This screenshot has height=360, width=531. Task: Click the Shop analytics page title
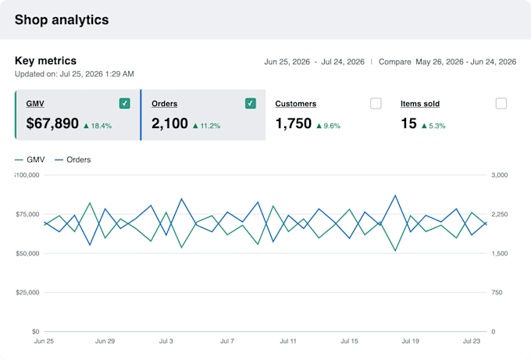point(62,20)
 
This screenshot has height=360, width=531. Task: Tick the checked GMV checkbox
point(125,103)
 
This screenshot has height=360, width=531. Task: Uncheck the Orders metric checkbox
point(250,103)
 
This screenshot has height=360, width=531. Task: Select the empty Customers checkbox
point(376,103)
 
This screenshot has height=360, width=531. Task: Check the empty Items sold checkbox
point(501,103)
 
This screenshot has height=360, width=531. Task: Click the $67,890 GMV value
point(52,123)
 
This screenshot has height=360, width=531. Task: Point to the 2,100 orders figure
point(169,123)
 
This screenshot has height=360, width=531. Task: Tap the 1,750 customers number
point(294,123)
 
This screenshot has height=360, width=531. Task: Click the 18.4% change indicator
point(98,126)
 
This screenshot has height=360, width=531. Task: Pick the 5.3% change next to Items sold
point(433,126)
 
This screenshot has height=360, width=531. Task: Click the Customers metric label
point(296,104)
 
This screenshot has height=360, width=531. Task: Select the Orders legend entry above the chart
point(73,159)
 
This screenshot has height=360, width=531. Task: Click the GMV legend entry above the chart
point(30,159)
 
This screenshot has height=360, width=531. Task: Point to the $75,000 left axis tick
point(27,215)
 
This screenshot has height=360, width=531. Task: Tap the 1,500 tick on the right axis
point(500,253)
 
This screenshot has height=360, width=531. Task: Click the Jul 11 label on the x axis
point(288,341)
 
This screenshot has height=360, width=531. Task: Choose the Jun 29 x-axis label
point(105,341)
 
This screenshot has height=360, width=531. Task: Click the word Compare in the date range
point(395,62)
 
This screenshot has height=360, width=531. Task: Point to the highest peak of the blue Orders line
point(395,195)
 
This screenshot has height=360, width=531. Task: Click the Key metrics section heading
point(46,61)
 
